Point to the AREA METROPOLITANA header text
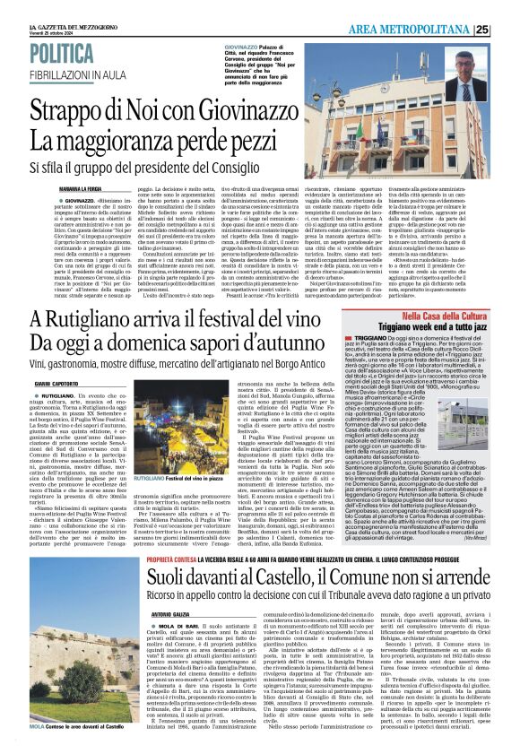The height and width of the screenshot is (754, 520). click(411, 30)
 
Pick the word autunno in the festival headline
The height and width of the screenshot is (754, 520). click(314, 341)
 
